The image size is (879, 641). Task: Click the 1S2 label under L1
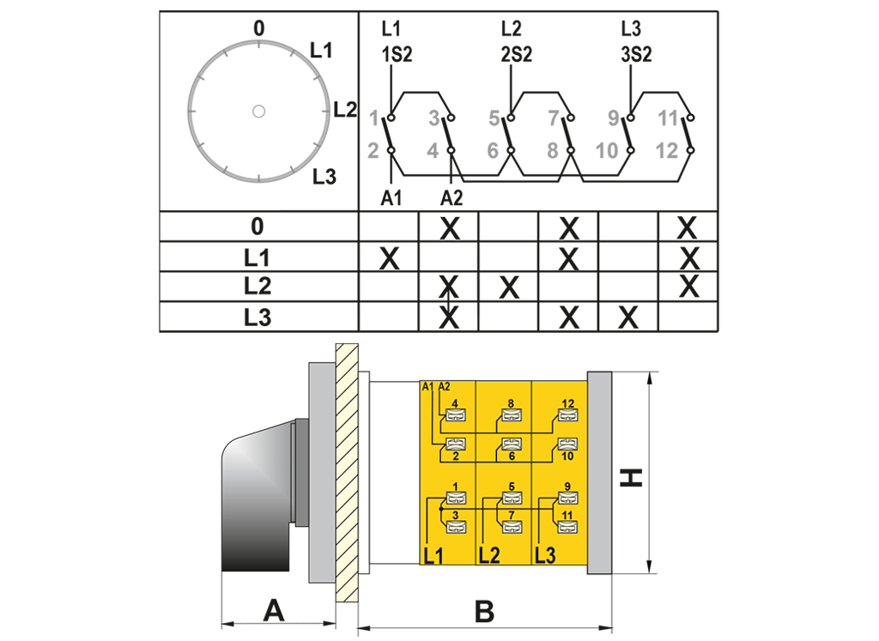click(x=397, y=55)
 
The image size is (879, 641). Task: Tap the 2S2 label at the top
click(x=517, y=55)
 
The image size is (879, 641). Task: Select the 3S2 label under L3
click(x=636, y=55)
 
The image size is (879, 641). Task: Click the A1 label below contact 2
click(x=391, y=198)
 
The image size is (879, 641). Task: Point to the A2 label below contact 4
click(x=452, y=198)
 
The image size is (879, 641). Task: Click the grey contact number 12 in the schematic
click(x=666, y=151)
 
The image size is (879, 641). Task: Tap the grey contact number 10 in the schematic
click(x=606, y=151)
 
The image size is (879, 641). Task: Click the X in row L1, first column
click(x=389, y=257)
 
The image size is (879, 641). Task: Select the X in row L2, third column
click(x=509, y=287)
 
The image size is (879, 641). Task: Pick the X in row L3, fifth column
click(x=629, y=317)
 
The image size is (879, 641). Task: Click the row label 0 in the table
click(x=258, y=227)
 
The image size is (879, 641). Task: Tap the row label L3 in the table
click(x=258, y=317)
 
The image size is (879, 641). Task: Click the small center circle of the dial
click(x=258, y=111)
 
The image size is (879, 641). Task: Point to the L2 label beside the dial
click(x=345, y=109)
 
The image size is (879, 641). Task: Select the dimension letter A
click(x=273, y=612)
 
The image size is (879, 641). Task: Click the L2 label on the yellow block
click(x=489, y=554)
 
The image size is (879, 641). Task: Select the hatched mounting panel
click(x=347, y=472)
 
